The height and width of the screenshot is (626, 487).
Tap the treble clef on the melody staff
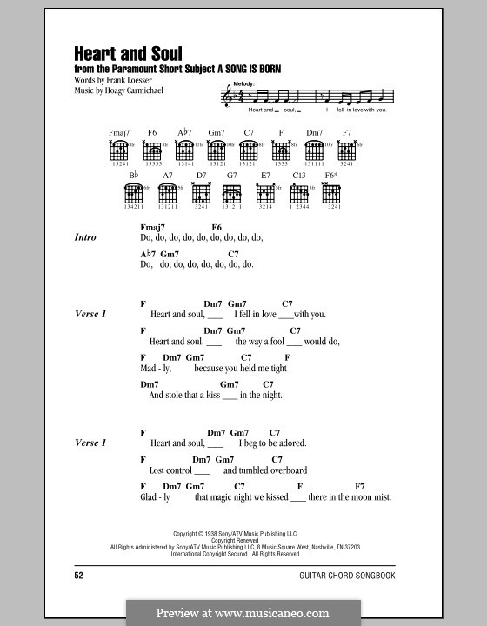click(x=229, y=99)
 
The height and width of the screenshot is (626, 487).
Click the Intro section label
click(x=85, y=237)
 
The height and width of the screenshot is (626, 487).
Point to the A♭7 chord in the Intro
click(x=147, y=254)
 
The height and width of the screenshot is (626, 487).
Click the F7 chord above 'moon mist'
click(x=360, y=486)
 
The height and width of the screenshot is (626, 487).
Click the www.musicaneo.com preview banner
click(x=243, y=611)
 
